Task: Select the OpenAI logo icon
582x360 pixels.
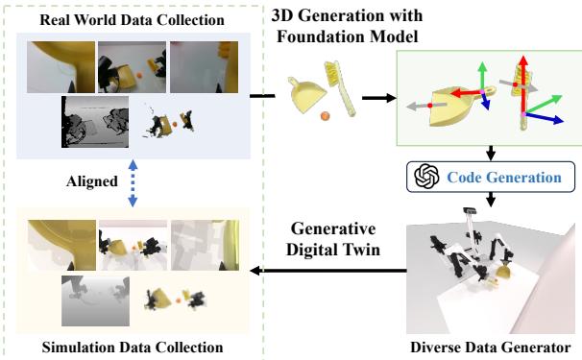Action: pyautogui.click(x=424, y=177)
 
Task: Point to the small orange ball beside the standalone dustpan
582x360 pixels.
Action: pyautogui.click(x=325, y=116)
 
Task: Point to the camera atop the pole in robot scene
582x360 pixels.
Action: pyautogui.click(x=470, y=210)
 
